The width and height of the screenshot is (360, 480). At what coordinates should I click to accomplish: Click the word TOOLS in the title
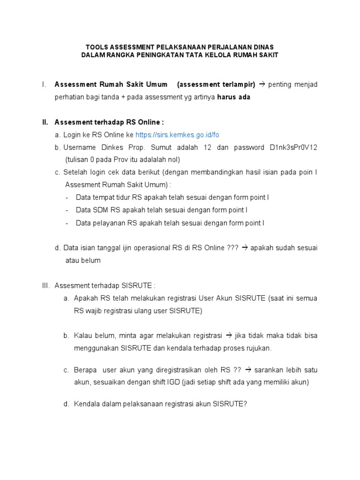(x=95, y=47)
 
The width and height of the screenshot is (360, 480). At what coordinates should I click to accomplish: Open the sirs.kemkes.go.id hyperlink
(x=177, y=135)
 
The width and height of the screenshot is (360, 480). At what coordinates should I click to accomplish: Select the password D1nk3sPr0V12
(x=293, y=148)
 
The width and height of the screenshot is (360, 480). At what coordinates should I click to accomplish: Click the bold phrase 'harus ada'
(x=233, y=97)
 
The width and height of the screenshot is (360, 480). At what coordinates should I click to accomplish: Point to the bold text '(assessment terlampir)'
(x=216, y=84)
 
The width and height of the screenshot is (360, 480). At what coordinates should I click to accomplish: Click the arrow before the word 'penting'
(x=262, y=84)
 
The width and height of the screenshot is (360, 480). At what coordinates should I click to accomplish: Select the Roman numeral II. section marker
(x=45, y=122)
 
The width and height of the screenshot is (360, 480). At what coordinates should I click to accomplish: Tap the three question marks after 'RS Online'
(x=232, y=247)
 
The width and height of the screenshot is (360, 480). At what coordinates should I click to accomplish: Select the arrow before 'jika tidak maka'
(x=229, y=336)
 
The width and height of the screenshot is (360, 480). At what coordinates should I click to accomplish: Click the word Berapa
(x=85, y=370)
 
